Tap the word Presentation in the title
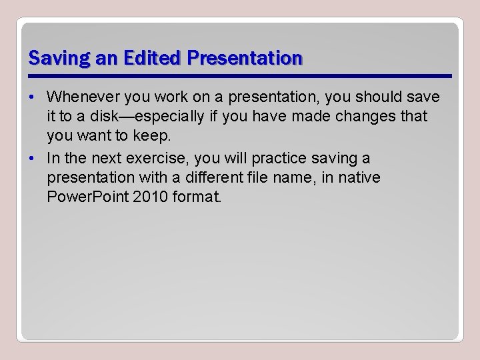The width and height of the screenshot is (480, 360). (x=245, y=58)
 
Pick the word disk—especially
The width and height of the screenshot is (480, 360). (x=142, y=117)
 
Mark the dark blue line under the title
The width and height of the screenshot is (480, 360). (x=240, y=75)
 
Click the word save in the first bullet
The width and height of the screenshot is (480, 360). (x=423, y=97)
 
